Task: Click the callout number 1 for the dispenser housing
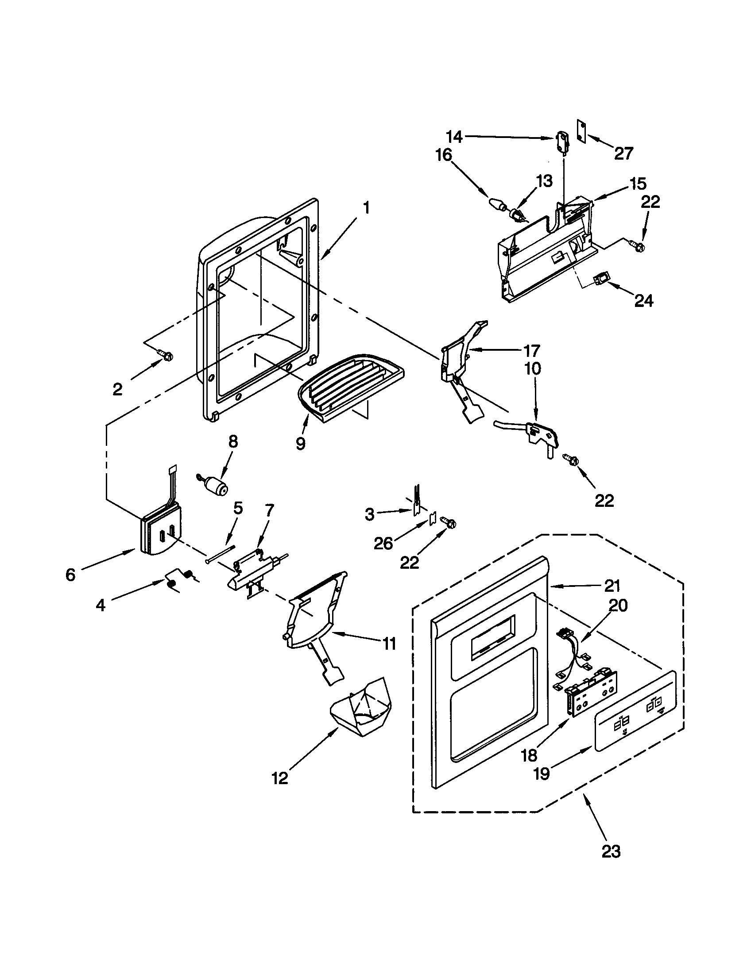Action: coord(366,208)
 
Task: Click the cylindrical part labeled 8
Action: coord(217,486)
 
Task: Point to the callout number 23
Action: coord(611,852)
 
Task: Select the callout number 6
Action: coord(70,575)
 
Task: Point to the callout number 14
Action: coord(454,137)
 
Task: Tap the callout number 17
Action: coord(531,351)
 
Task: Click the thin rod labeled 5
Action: coord(221,554)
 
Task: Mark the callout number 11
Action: coord(389,644)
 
